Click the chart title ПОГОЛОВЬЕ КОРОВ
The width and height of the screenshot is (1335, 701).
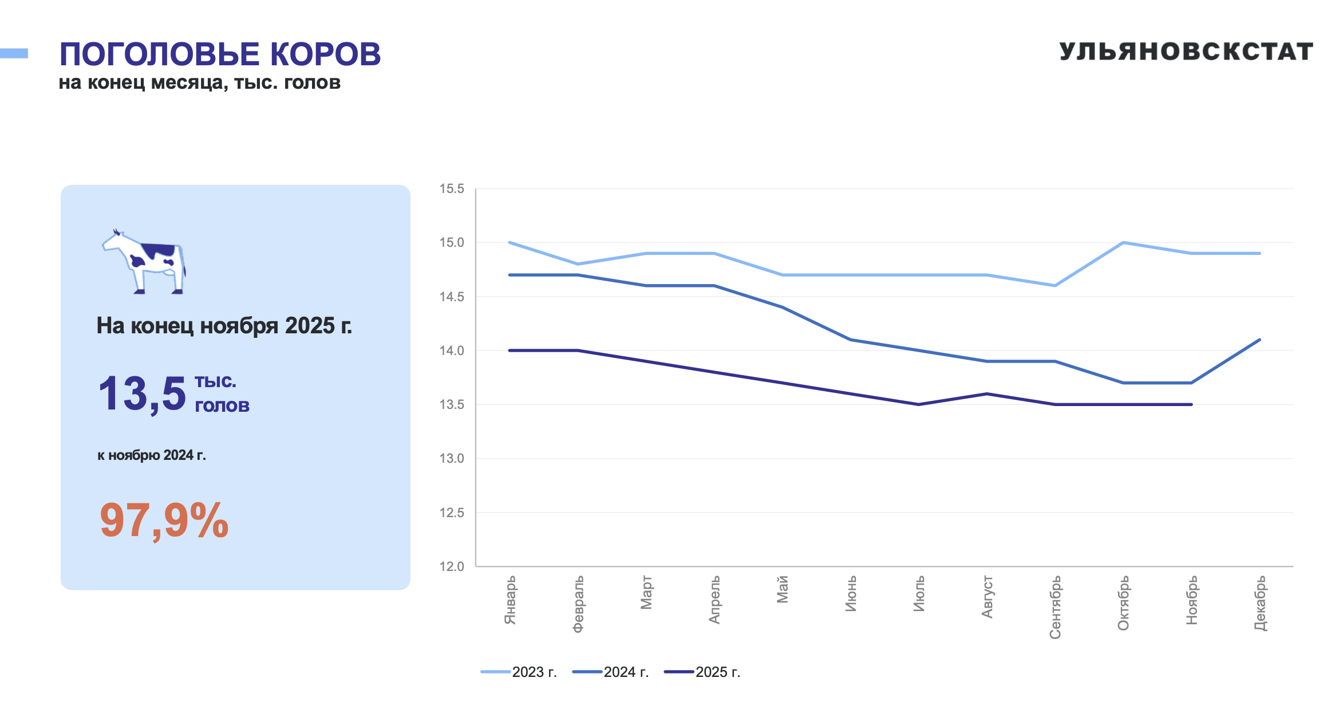tap(220, 54)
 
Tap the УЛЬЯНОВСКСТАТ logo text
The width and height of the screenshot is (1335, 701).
tap(1186, 52)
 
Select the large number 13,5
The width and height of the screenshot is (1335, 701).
tap(142, 394)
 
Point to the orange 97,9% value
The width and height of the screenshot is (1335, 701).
tap(164, 520)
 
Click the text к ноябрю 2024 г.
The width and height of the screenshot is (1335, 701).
tap(151, 455)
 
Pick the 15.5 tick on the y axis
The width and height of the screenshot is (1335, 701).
tap(452, 189)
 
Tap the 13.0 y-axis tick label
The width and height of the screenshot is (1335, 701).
tap(452, 459)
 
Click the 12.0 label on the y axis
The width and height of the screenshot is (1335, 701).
tap(452, 566)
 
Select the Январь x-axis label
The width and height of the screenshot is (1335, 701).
tap(510, 600)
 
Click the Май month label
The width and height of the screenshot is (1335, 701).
tap(783, 590)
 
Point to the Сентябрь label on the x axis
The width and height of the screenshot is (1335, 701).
tap(1055, 607)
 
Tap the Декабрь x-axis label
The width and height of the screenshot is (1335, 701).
tap(1260, 603)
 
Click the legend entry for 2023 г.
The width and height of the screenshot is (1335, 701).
tap(519, 672)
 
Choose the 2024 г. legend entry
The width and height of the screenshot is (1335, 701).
tap(611, 672)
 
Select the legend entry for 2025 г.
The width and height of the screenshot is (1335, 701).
tap(702, 672)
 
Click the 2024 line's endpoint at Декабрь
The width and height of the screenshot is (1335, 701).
tap(1259, 340)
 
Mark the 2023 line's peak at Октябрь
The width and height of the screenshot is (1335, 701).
tap(1123, 243)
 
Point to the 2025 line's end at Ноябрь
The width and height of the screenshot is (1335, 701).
tap(1191, 404)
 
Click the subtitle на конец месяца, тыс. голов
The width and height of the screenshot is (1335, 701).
tap(200, 83)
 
